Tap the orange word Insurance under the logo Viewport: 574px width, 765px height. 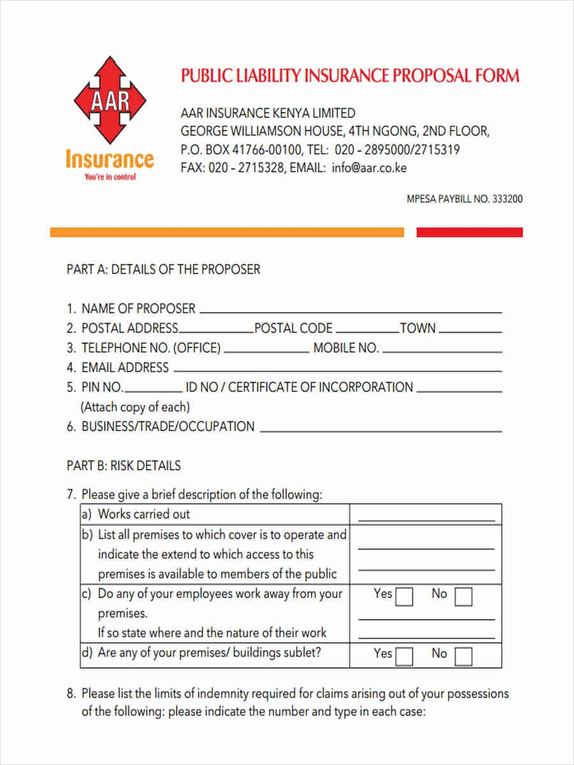[110, 159]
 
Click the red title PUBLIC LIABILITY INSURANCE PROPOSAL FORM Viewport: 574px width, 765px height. [350, 76]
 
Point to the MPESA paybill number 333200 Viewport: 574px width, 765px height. [507, 199]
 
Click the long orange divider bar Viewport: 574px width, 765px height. [227, 233]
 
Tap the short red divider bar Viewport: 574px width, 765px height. [469, 233]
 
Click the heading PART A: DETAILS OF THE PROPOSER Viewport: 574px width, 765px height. [163, 269]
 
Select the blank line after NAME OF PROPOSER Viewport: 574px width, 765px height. [350, 312]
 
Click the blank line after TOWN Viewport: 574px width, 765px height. [470, 331]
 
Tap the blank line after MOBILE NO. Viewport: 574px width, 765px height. [441, 351]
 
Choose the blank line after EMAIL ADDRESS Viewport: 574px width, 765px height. [337, 371]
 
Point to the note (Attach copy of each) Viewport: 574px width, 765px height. [135, 407]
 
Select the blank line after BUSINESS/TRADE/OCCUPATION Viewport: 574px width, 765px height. [381, 430]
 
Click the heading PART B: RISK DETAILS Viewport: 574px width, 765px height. [124, 465]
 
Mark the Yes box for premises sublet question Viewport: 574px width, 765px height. [404, 657]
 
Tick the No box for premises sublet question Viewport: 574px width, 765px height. [464, 657]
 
